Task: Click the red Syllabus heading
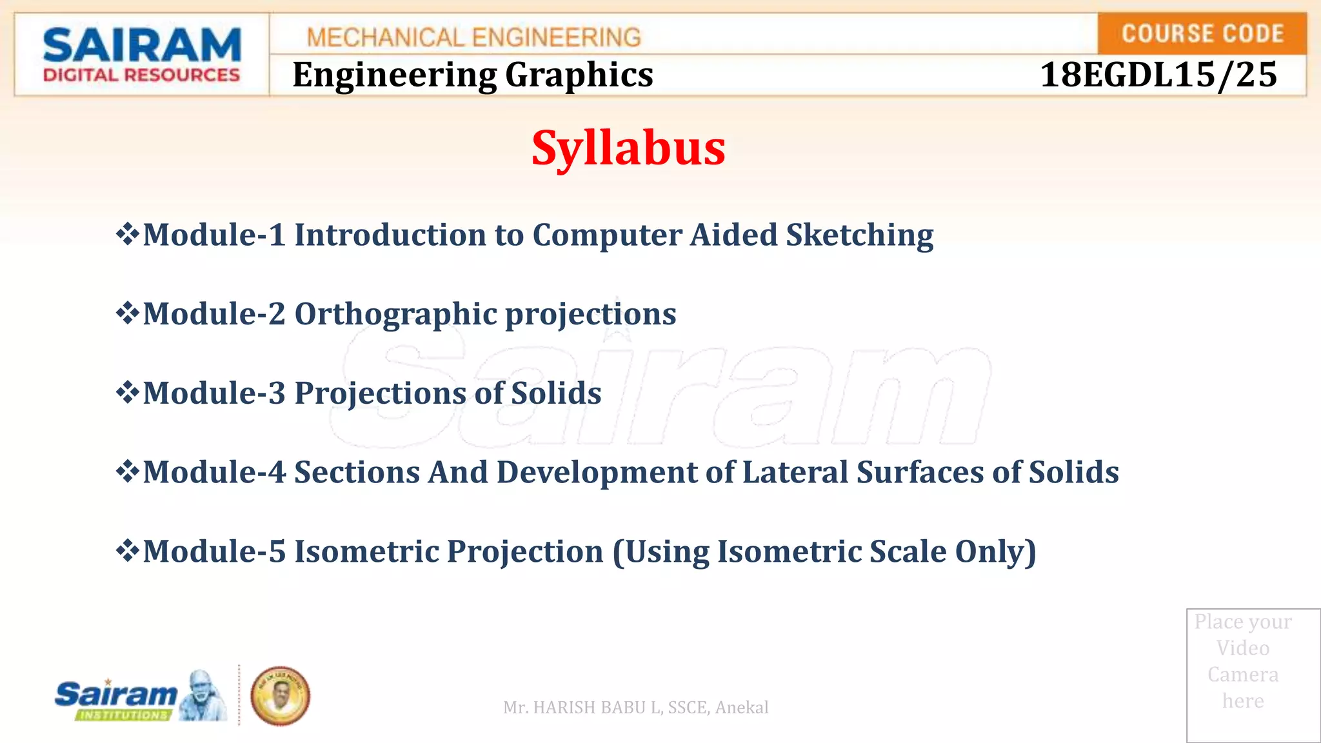tap(628, 148)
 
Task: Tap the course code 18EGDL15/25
tap(1158, 75)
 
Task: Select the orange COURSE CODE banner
tap(1202, 34)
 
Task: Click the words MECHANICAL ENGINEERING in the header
tap(474, 37)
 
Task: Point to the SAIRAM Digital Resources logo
tap(141, 55)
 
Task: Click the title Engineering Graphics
tap(473, 75)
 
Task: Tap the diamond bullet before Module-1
tap(127, 233)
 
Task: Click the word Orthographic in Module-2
tap(395, 314)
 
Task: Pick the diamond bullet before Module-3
tap(127, 392)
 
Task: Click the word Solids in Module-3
tap(556, 393)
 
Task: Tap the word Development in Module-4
tap(597, 472)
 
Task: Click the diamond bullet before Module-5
tap(127, 551)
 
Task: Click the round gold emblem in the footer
tap(280, 696)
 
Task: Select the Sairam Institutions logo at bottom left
tap(140, 697)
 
